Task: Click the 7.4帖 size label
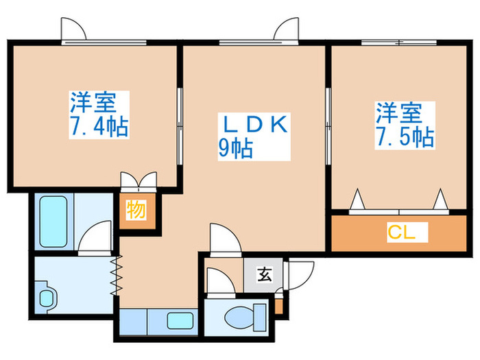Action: coord(99,128)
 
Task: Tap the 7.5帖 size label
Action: coord(404,136)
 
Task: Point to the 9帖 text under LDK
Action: coord(235,147)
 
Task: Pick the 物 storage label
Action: coord(136,211)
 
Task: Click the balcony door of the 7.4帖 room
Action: coord(72,29)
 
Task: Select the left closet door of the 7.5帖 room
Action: coord(357,200)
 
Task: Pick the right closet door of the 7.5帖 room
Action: coord(440,200)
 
